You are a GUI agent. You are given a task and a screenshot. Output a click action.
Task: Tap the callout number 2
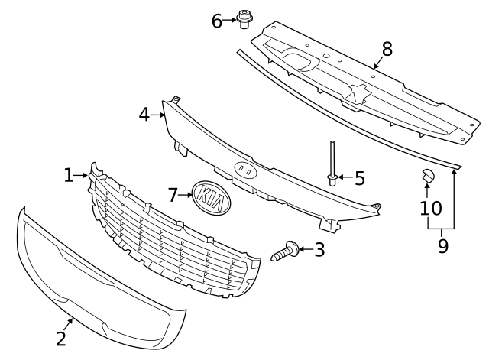(x=60, y=339)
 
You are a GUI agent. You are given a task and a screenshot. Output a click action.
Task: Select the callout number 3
(x=319, y=249)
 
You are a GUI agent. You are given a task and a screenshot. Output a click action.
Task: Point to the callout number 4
(x=144, y=115)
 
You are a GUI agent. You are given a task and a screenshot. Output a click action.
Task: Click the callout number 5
(x=359, y=179)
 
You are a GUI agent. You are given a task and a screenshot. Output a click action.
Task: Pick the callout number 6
(x=217, y=21)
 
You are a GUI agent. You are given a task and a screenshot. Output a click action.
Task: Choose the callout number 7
(x=173, y=195)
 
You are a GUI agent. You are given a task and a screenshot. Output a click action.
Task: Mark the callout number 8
(x=387, y=49)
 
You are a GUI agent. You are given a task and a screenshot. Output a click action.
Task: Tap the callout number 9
(x=442, y=246)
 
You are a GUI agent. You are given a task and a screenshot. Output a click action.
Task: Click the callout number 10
(x=431, y=208)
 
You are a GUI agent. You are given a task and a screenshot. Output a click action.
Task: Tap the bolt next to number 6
(x=244, y=18)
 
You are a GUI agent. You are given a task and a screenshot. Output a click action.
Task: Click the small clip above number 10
(x=427, y=177)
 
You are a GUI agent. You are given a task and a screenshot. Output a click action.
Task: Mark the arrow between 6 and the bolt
(x=230, y=20)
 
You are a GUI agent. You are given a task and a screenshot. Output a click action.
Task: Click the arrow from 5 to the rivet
(x=345, y=179)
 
